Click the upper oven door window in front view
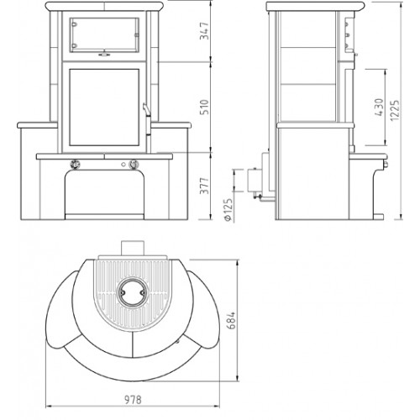pyautogui.click(x=105, y=33)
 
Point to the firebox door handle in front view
pyautogui.click(x=145, y=110)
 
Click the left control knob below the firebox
pyautogui.click(x=74, y=163)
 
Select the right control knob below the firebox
pyautogui.click(x=134, y=163)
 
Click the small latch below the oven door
pyautogui.click(x=104, y=56)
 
